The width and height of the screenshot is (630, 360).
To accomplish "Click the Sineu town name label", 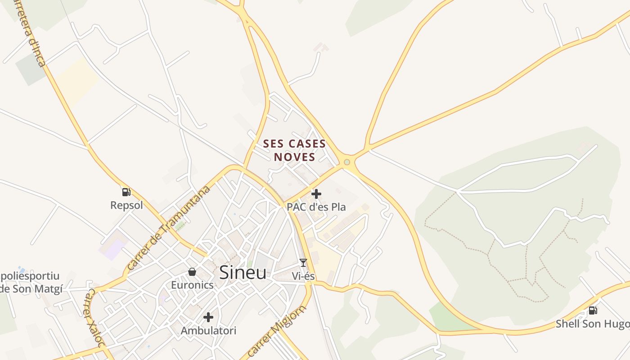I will [243, 273].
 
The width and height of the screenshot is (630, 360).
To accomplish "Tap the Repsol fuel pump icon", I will [126, 192].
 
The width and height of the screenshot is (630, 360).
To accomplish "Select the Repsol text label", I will [126, 206].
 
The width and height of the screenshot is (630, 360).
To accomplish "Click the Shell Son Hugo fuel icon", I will [593, 310].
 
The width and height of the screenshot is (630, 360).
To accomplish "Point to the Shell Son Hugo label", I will [592, 324].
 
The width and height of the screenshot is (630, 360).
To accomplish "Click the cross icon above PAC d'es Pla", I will [316, 194].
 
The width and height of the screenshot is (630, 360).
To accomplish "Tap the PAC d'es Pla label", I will [316, 207].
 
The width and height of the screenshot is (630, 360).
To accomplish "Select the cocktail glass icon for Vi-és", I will [303, 263].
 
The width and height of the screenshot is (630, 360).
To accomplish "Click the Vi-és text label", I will [303, 276].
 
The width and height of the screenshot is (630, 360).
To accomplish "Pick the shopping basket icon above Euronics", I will [192, 272].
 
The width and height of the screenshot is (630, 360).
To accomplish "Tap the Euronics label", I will [192, 285].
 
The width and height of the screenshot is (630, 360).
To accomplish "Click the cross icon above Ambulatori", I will [208, 317].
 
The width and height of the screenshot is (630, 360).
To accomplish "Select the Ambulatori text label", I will [208, 331].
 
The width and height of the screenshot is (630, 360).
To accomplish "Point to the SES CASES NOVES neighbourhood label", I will [294, 150].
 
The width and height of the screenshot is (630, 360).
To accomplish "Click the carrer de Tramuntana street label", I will [168, 228].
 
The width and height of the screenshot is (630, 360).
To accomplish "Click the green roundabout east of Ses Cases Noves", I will [347, 162].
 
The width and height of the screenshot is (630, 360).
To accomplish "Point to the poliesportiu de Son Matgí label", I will [31, 283].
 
